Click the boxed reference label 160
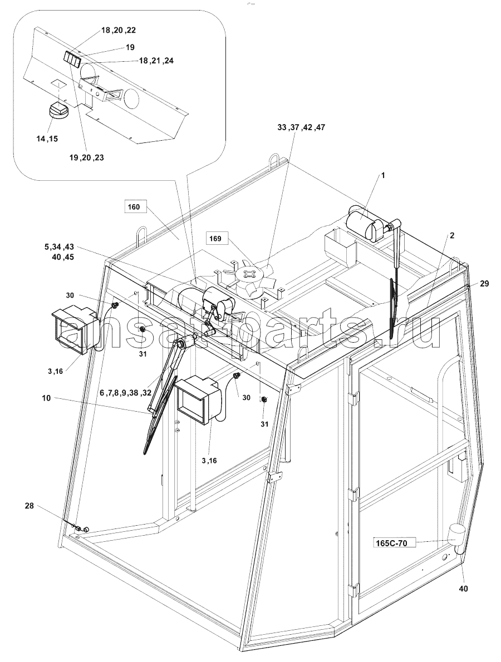134,208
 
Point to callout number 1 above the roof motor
383,175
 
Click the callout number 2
452,235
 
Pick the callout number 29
484,284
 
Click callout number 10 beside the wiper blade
46,398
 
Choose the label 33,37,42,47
301,127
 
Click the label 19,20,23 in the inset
87,157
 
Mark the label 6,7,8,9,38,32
125,392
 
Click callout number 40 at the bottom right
463,588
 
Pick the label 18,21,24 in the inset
156,61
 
